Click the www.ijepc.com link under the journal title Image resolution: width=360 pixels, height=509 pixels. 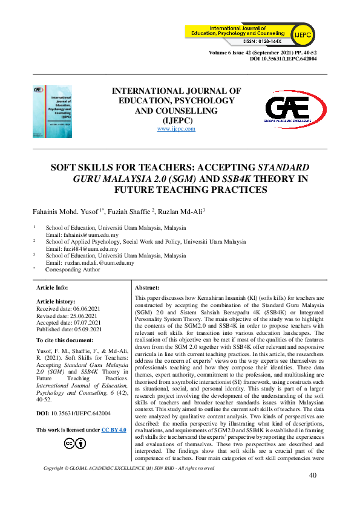[176, 129]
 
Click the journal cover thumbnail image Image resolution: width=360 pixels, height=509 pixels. [52, 111]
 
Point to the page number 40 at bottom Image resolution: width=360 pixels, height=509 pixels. [313, 491]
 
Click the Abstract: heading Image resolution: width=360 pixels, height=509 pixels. [146, 288]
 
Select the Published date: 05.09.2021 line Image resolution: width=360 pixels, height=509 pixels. [70, 329]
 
